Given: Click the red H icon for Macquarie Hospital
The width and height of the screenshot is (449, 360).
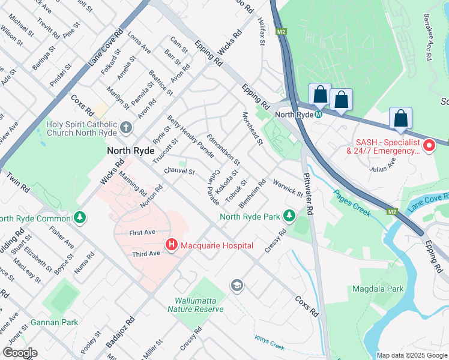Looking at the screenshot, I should click(171, 245).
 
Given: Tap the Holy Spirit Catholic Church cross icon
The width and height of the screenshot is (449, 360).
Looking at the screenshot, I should click(125, 127).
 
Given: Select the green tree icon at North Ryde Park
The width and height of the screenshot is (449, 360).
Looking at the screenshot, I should click(289, 215).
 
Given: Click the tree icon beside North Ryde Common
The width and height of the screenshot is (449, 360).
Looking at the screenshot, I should click(79, 217).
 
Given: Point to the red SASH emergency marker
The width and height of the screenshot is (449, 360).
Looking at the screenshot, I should click(429, 145).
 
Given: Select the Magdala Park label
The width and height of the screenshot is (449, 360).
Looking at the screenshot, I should click(396, 289).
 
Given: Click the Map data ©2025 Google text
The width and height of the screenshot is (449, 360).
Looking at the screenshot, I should click(411, 355).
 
